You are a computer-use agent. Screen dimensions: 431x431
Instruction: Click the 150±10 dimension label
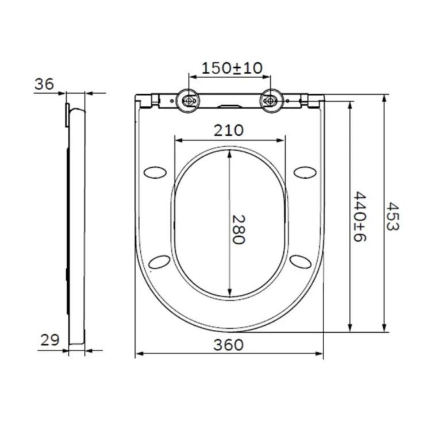(x=232, y=68)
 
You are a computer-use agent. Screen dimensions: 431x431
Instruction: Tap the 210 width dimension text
(x=229, y=130)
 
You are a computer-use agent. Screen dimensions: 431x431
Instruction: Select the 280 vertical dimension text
(x=238, y=229)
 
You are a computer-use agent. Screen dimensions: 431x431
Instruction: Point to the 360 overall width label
(x=228, y=345)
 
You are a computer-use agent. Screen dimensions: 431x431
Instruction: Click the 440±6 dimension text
(x=360, y=217)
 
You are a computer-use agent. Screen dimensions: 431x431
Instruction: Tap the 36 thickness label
(x=44, y=84)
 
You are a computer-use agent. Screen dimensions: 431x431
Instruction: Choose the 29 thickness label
(x=50, y=340)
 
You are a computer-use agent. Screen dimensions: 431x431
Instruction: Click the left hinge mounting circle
(x=188, y=101)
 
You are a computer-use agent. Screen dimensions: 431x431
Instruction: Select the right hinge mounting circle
(x=271, y=101)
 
